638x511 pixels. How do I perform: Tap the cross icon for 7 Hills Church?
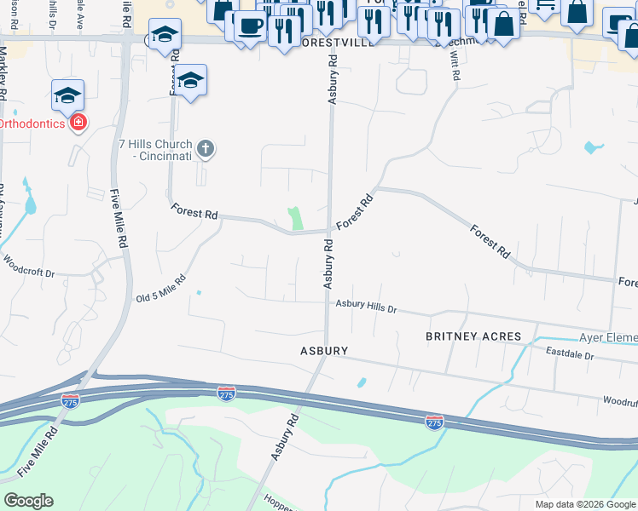pyautogui.click(x=205, y=150)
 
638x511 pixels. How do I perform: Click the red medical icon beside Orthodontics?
pyautogui.click(x=78, y=123)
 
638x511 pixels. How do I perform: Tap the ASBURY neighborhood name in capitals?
pyautogui.click(x=323, y=351)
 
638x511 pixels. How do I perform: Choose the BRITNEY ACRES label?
pyautogui.click(x=473, y=336)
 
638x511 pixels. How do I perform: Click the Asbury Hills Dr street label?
pyautogui.click(x=366, y=305)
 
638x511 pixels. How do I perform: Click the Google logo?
pyautogui.click(x=28, y=501)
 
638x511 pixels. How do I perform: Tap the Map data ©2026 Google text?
pyautogui.click(x=584, y=504)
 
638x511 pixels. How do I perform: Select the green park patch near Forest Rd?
pyautogui.click(x=296, y=218)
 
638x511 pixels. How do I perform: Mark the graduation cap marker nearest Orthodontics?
pyautogui.click(x=67, y=95)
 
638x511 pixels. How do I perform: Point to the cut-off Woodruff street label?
pyautogui.click(x=620, y=399)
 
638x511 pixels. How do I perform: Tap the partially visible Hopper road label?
pyautogui.click(x=280, y=502)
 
